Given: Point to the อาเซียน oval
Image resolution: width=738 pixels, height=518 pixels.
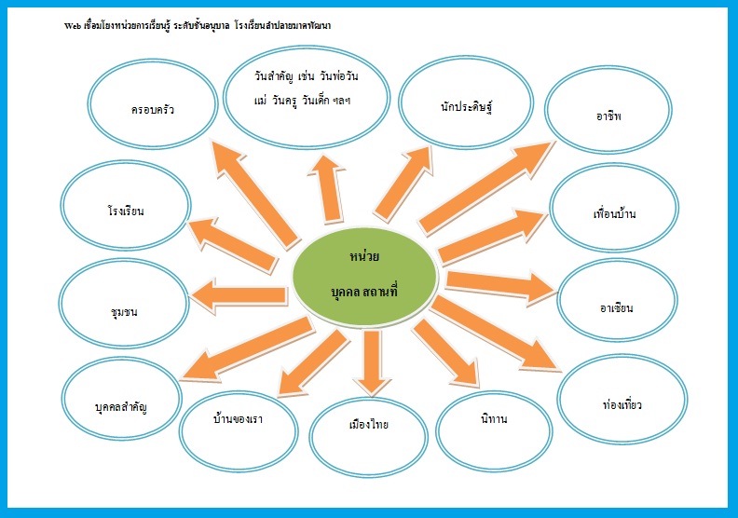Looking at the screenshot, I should click(x=617, y=306).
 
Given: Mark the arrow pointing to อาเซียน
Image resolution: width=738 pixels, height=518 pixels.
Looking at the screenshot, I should click(x=499, y=283).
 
